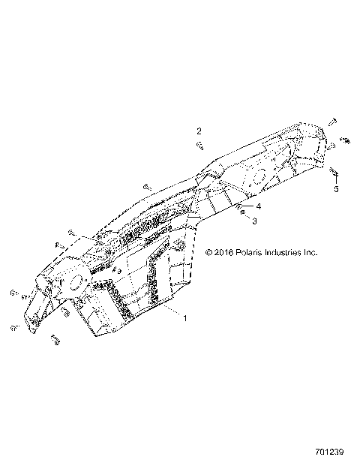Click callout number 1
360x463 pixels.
(184, 318)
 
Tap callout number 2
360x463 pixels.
(199, 130)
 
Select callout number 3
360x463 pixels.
(253, 221)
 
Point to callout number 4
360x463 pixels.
(257, 206)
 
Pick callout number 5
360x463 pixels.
(336, 189)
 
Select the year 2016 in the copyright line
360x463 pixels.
(223, 253)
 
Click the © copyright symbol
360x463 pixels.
(208, 253)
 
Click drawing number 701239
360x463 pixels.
(329, 452)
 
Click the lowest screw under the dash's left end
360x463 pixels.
(55, 340)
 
